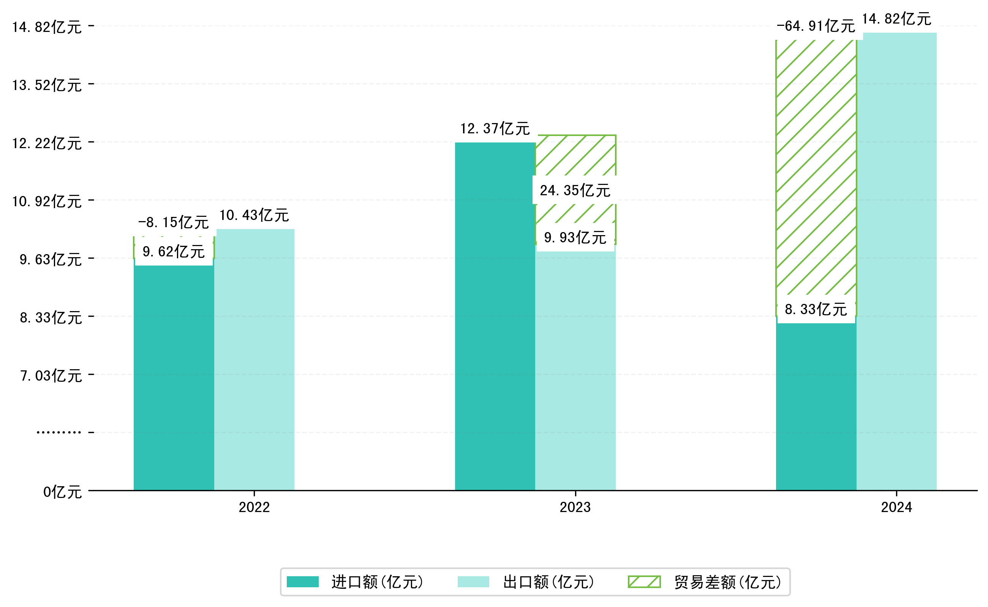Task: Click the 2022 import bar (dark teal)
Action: click(x=174, y=377)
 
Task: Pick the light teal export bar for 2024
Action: click(x=896, y=261)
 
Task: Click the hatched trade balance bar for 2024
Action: click(x=816, y=169)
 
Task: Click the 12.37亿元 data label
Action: click(x=495, y=129)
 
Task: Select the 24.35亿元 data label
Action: click(x=575, y=190)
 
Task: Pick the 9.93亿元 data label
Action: click(x=575, y=238)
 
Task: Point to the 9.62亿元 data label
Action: click(x=174, y=252)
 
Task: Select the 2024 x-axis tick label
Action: click(x=896, y=507)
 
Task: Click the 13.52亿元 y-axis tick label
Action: click(x=47, y=85)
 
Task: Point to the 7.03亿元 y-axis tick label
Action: click(x=51, y=376)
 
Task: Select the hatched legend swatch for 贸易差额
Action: click(x=644, y=582)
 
